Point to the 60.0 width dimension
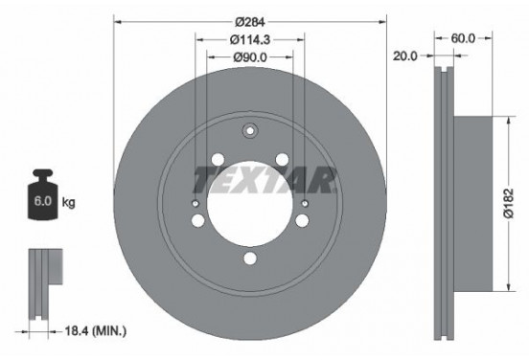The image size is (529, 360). point(464,40)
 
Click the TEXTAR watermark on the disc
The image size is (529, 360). point(265,177)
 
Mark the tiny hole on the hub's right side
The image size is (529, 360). point(305,203)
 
